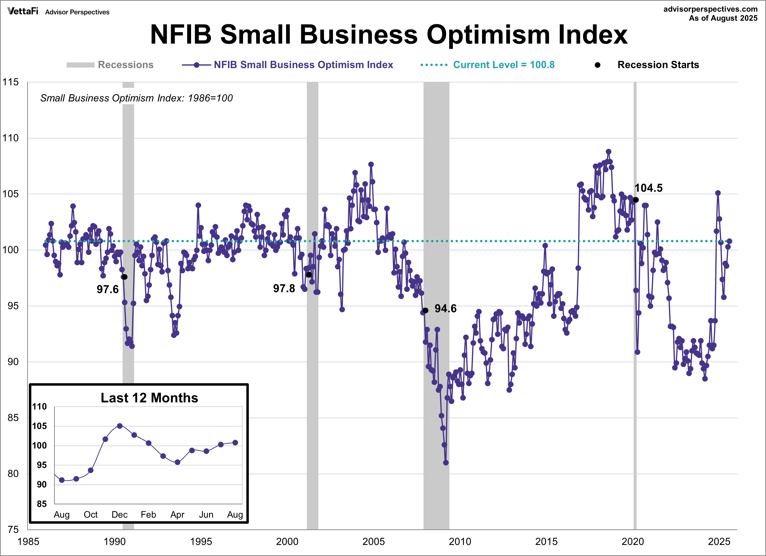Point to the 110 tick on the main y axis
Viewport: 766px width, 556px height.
11,138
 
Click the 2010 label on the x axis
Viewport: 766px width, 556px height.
460,542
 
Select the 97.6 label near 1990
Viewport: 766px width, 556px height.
107,289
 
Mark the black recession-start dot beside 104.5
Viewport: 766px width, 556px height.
636,200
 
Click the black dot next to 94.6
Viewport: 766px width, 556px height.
425,310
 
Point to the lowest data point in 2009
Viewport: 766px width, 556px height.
446,463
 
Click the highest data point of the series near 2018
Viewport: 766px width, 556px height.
608,152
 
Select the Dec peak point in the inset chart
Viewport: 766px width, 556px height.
120,426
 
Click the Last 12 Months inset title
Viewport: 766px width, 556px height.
149,398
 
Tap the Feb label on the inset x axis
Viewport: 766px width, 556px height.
148,514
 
